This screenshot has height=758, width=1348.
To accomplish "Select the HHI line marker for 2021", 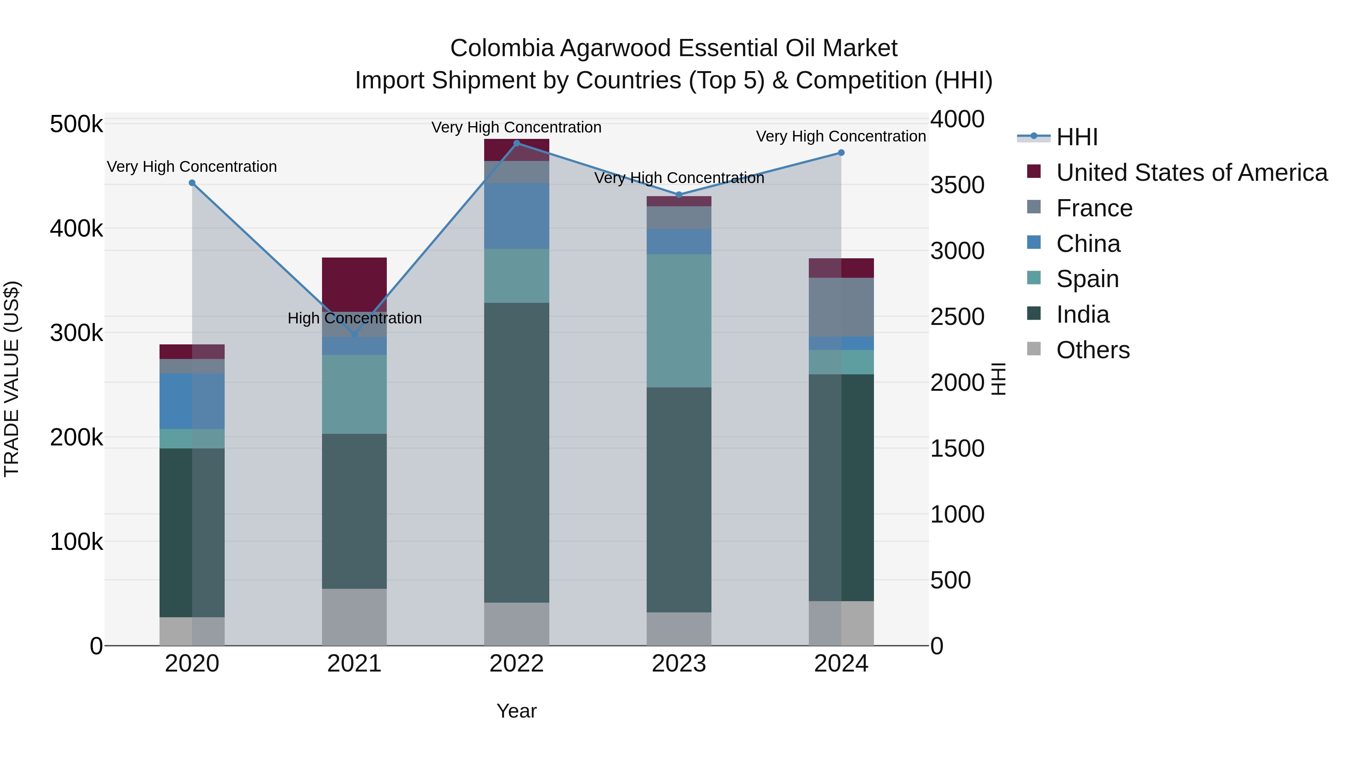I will pos(354,334).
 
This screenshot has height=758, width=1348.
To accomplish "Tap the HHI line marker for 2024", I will pos(841,153).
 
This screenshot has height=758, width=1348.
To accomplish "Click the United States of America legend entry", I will pos(1191,173).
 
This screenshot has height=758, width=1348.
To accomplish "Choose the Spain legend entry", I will pos(1087,279).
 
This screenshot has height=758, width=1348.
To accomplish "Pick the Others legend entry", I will pos(1093,350).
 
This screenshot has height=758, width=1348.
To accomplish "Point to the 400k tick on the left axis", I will pos(76,229).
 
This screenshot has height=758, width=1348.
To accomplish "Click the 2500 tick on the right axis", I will pos(957,317).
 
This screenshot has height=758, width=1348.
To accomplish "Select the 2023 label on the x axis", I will pos(679,664).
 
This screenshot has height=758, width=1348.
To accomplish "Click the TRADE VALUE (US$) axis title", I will pos(12,379).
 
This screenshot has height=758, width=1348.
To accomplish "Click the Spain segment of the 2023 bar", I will pos(679,321).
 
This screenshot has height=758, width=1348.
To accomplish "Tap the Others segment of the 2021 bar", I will pos(354,617).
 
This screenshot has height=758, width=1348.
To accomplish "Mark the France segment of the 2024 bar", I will pos(841,307).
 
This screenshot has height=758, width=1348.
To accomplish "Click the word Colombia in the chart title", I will pos(501,48).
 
